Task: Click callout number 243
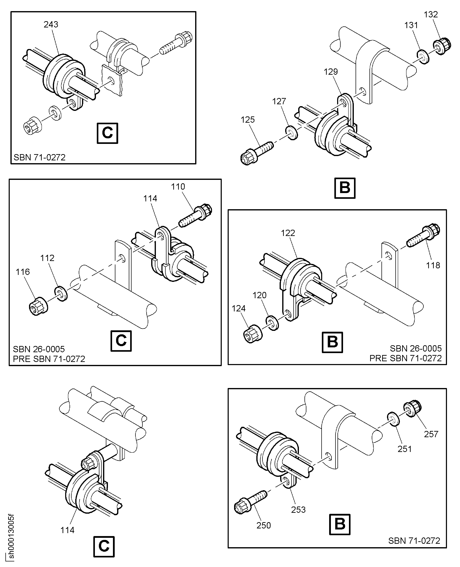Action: (x=51, y=24)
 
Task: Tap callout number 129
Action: (x=331, y=72)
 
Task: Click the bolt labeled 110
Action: (x=196, y=215)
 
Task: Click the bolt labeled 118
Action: (x=423, y=235)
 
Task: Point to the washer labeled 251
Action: (x=393, y=419)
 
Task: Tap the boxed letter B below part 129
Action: (x=345, y=188)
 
